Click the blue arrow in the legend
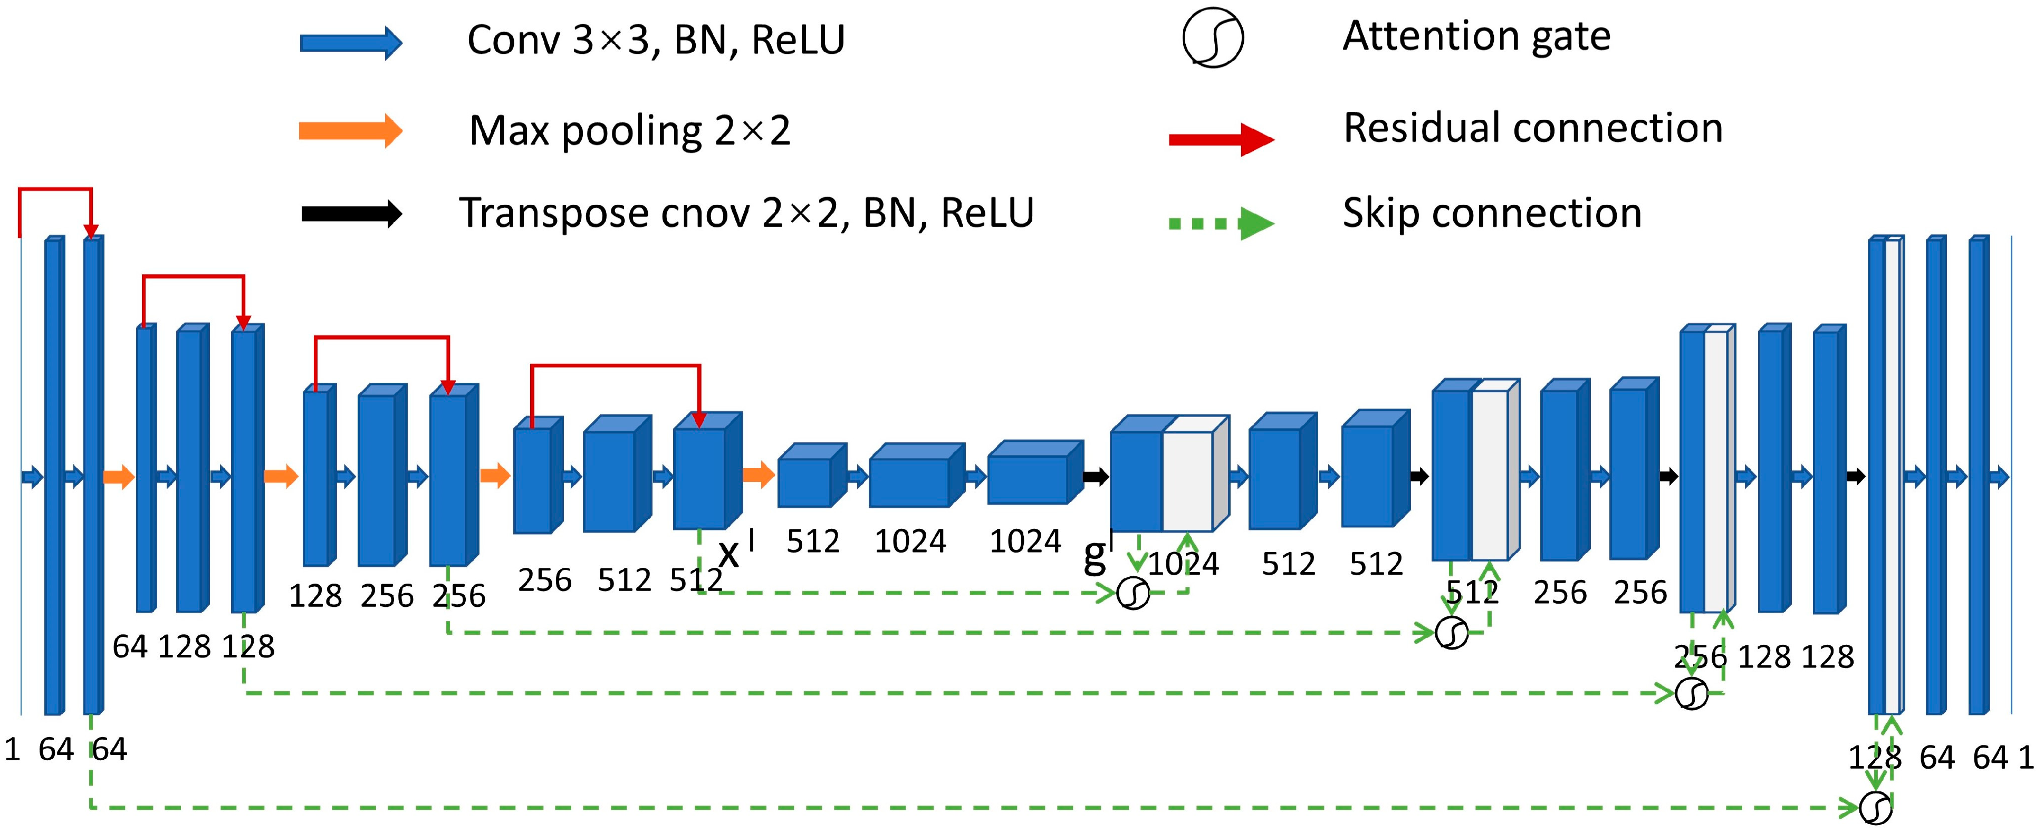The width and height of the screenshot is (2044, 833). (350, 43)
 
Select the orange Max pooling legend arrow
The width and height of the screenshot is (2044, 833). (350, 130)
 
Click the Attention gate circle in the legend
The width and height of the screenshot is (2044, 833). (1213, 37)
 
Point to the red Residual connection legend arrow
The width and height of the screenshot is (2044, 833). (1221, 140)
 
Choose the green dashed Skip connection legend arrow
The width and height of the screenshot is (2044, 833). (1221, 224)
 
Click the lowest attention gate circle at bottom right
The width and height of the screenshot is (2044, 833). (1876, 808)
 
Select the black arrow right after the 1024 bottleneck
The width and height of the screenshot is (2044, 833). (1096, 477)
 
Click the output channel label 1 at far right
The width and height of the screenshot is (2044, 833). (2026, 758)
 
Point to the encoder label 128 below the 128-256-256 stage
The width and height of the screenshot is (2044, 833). (315, 596)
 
